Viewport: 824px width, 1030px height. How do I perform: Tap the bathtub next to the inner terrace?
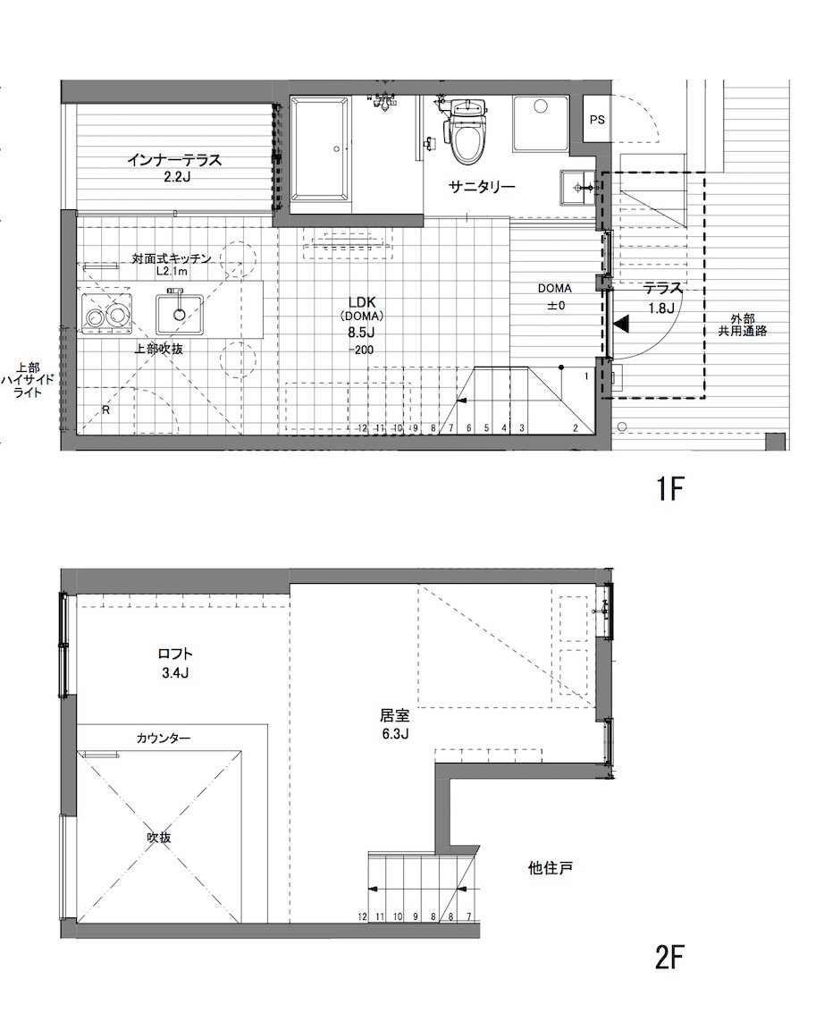pyautogui.click(x=319, y=148)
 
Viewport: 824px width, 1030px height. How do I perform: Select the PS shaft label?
pyautogui.click(x=597, y=120)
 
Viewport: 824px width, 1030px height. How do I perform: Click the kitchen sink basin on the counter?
pyautogui.click(x=180, y=314)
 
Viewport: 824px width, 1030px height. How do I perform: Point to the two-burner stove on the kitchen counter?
pyautogui.click(x=105, y=315)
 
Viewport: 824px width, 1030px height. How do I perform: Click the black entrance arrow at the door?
pyautogui.click(x=621, y=323)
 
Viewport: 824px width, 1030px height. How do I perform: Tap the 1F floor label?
pyautogui.click(x=670, y=489)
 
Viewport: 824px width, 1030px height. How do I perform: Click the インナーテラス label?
pyautogui.click(x=174, y=160)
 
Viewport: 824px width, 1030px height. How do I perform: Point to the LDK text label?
pyautogui.click(x=362, y=302)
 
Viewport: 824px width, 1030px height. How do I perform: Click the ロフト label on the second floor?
pyautogui.click(x=175, y=654)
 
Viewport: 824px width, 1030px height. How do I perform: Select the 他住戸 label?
pyautogui.click(x=551, y=868)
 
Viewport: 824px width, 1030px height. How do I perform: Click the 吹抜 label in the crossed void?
pyautogui.click(x=159, y=838)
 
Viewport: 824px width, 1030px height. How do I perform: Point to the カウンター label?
pyautogui.click(x=164, y=739)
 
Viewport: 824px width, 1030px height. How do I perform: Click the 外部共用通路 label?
pyautogui.click(x=742, y=325)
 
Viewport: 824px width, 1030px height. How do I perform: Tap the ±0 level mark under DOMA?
pyautogui.click(x=556, y=306)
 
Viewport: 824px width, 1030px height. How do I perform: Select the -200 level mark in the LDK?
pyautogui.click(x=361, y=350)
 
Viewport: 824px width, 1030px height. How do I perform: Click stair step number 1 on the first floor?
pyautogui.click(x=585, y=376)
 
